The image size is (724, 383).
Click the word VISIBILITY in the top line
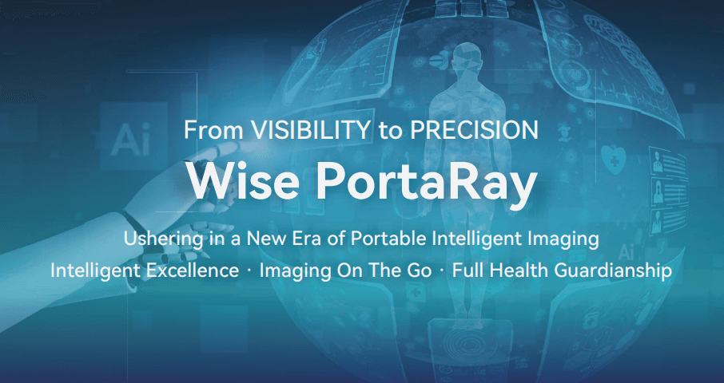310,130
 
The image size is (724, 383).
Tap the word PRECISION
474,130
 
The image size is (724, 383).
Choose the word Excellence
193,270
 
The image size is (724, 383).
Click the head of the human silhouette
466,57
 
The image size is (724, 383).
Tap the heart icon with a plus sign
614,160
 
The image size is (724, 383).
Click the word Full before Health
470,270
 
